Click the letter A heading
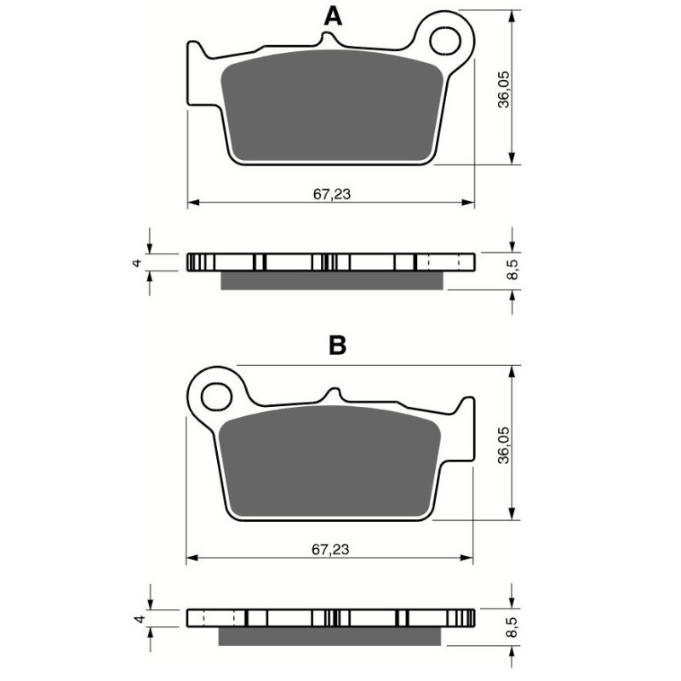tap(334, 15)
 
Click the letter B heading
tap(337, 345)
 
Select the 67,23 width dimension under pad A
tap(331, 193)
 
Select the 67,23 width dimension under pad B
tap(331, 550)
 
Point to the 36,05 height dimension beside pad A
tap(503, 88)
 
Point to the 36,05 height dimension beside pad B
tap(503, 444)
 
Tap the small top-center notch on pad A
tap(328, 39)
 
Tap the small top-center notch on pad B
tap(334, 394)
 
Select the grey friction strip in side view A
tap(331, 281)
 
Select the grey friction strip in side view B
tap(331, 637)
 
